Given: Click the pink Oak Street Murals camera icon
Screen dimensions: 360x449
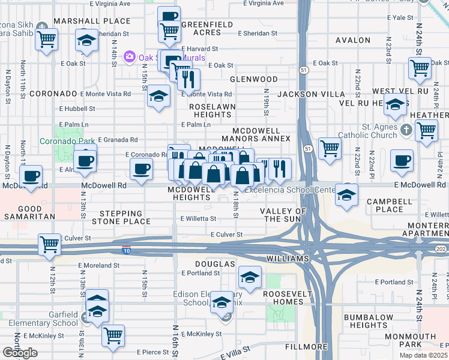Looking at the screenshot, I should [x=129, y=58].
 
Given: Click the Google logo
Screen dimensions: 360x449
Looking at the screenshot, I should [x=20, y=353].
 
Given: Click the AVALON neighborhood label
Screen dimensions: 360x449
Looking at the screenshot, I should [x=353, y=40].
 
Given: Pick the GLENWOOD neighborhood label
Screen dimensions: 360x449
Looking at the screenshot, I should [x=255, y=79].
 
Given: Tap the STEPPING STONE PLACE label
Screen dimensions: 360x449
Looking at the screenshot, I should [x=125, y=217].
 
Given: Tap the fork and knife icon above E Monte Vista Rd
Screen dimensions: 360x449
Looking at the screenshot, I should [x=189, y=79].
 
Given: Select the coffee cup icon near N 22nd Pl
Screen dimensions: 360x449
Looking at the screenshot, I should [x=401, y=160].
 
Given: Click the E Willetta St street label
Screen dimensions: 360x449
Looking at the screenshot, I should [x=198, y=219].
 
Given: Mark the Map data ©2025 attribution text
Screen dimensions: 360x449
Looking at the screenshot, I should [x=423, y=355].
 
